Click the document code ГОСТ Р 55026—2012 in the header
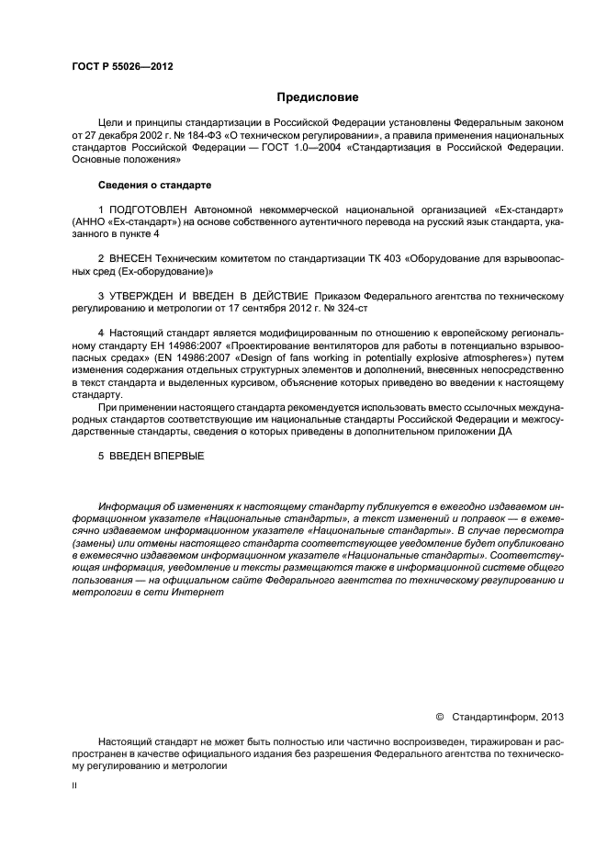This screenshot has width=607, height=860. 121,68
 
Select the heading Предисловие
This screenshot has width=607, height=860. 318,97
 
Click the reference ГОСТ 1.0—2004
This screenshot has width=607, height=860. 298,145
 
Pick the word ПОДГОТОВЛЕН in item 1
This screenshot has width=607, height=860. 148,210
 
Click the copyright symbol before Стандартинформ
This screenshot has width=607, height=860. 439,717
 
